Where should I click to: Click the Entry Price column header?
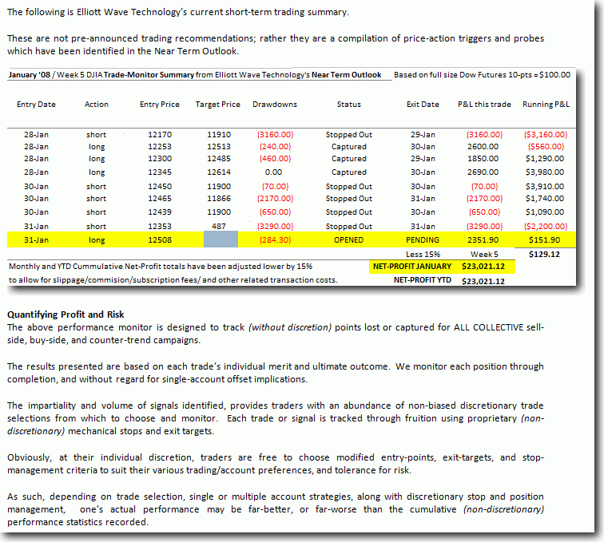tap(160, 105)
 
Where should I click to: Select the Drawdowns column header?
tap(274, 105)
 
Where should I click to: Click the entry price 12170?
tap(160, 135)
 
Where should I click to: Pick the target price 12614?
tap(217, 172)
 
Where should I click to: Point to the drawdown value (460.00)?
tap(274, 160)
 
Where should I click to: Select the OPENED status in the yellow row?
tap(349, 239)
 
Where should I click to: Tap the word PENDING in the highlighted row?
tap(423, 239)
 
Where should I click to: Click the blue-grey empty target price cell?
tap(221, 239)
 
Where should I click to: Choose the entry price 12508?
tap(160, 239)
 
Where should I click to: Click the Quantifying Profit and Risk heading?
tap(66, 315)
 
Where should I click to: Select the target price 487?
tap(217, 226)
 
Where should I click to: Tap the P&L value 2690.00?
tap(484, 172)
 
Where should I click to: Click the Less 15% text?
tap(423, 253)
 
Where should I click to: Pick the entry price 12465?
tap(160, 199)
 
